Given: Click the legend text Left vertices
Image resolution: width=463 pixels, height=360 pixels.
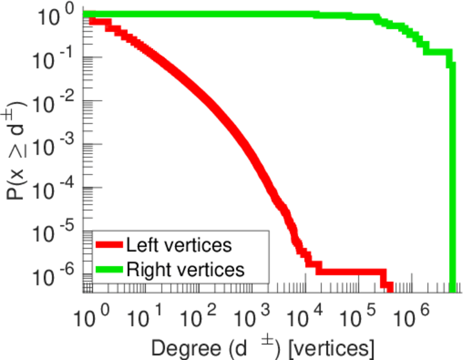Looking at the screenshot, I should coord(178,245).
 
